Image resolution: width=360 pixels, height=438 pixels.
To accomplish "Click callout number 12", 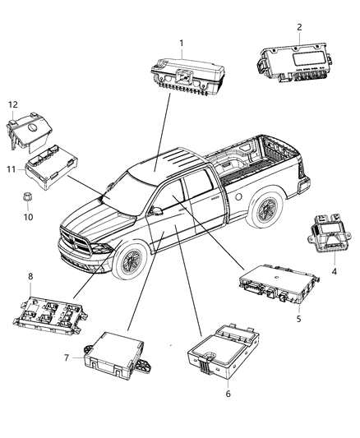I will click(12, 104).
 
